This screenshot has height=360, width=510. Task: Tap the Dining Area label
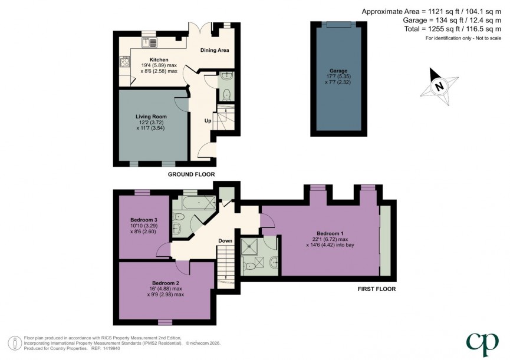pos(214,51)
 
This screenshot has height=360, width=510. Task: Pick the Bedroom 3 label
pos(143,220)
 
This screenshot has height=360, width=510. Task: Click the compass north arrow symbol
pos(437,84)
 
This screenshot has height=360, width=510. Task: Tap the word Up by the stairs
pos(208,121)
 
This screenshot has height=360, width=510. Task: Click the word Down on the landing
pos(225,241)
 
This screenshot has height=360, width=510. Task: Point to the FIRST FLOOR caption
pos(376,289)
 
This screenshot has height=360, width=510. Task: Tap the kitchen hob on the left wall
pos(124,61)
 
